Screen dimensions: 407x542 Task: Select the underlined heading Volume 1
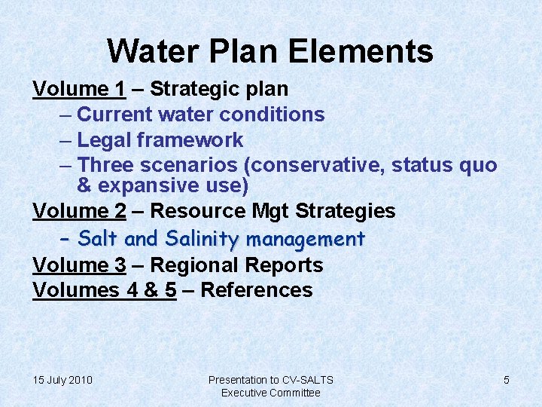tap(79, 89)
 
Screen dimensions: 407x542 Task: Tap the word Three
tap(107, 165)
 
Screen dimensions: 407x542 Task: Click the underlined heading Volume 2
tap(79, 211)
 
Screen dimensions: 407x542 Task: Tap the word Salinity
tap(201, 240)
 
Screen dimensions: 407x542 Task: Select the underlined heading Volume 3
tap(79, 265)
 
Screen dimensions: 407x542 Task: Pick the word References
tap(257, 290)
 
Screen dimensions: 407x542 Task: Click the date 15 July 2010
tap(62, 380)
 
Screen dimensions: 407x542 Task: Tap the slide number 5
tap(506, 380)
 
